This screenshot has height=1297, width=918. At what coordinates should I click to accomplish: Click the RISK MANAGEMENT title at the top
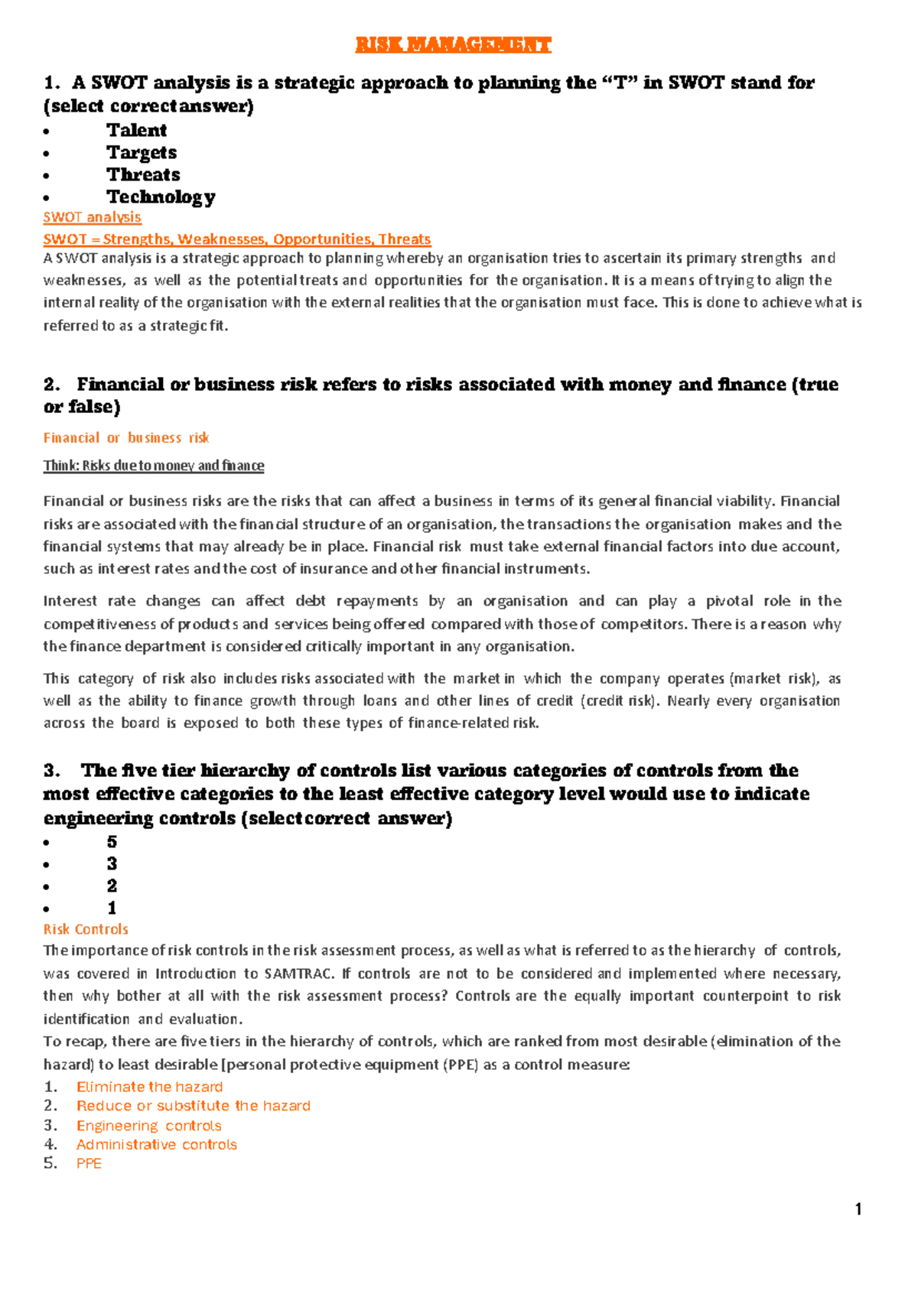tap(453, 44)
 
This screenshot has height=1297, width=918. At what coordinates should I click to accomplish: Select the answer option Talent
tap(136, 130)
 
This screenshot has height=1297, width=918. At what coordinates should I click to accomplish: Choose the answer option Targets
tap(142, 152)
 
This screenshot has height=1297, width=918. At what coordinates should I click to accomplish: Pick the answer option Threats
tap(143, 174)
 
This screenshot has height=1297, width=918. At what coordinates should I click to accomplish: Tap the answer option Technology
tap(161, 197)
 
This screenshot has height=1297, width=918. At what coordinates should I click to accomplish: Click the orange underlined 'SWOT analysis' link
tap(92, 217)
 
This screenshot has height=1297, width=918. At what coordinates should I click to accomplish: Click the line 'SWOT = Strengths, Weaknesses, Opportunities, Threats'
tap(237, 239)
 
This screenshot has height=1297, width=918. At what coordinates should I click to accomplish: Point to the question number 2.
tap(51, 384)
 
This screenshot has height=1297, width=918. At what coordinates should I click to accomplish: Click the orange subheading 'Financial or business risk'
tap(126, 437)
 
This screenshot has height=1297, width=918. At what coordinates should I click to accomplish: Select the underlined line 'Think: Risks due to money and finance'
tap(154, 466)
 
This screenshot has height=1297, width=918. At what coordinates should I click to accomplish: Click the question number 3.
tap(51, 770)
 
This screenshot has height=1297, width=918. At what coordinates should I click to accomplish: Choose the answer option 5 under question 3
tap(112, 842)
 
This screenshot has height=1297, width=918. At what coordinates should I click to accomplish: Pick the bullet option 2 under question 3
tap(112, 886)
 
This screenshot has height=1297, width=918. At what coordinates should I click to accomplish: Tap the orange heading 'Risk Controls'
tap(86, 929)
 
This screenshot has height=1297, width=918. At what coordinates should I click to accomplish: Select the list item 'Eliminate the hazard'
tap(149, 1087)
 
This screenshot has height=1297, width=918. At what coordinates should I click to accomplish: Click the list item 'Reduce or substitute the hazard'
tap(193, 1106)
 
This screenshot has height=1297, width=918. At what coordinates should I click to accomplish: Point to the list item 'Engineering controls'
tap(148, 1126)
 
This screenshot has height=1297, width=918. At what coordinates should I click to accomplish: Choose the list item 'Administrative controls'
tap(156, 1145)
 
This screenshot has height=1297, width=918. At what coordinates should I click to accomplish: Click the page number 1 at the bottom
tap(858, 1209)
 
